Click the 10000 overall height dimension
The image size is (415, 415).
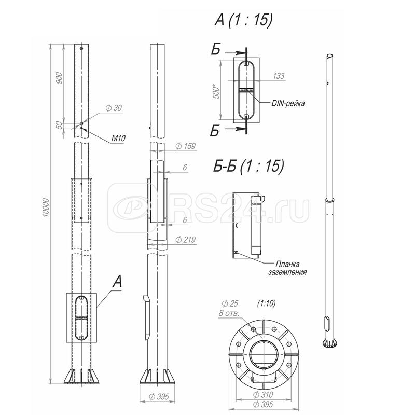tap(46, 208)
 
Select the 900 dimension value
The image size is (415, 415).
tap(59, 78)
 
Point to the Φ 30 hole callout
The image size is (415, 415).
tap(114, 108)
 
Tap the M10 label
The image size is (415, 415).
tap(118, 138)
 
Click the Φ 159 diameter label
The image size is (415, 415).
tap(185, 146)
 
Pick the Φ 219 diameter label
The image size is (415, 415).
tap(185, 240)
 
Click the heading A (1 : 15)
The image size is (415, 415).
tap(243, 20)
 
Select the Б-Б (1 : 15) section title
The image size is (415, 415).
tap(248, 166)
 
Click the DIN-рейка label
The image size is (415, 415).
tap(288, 103)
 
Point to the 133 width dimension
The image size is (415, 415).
tap(279, 76)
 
